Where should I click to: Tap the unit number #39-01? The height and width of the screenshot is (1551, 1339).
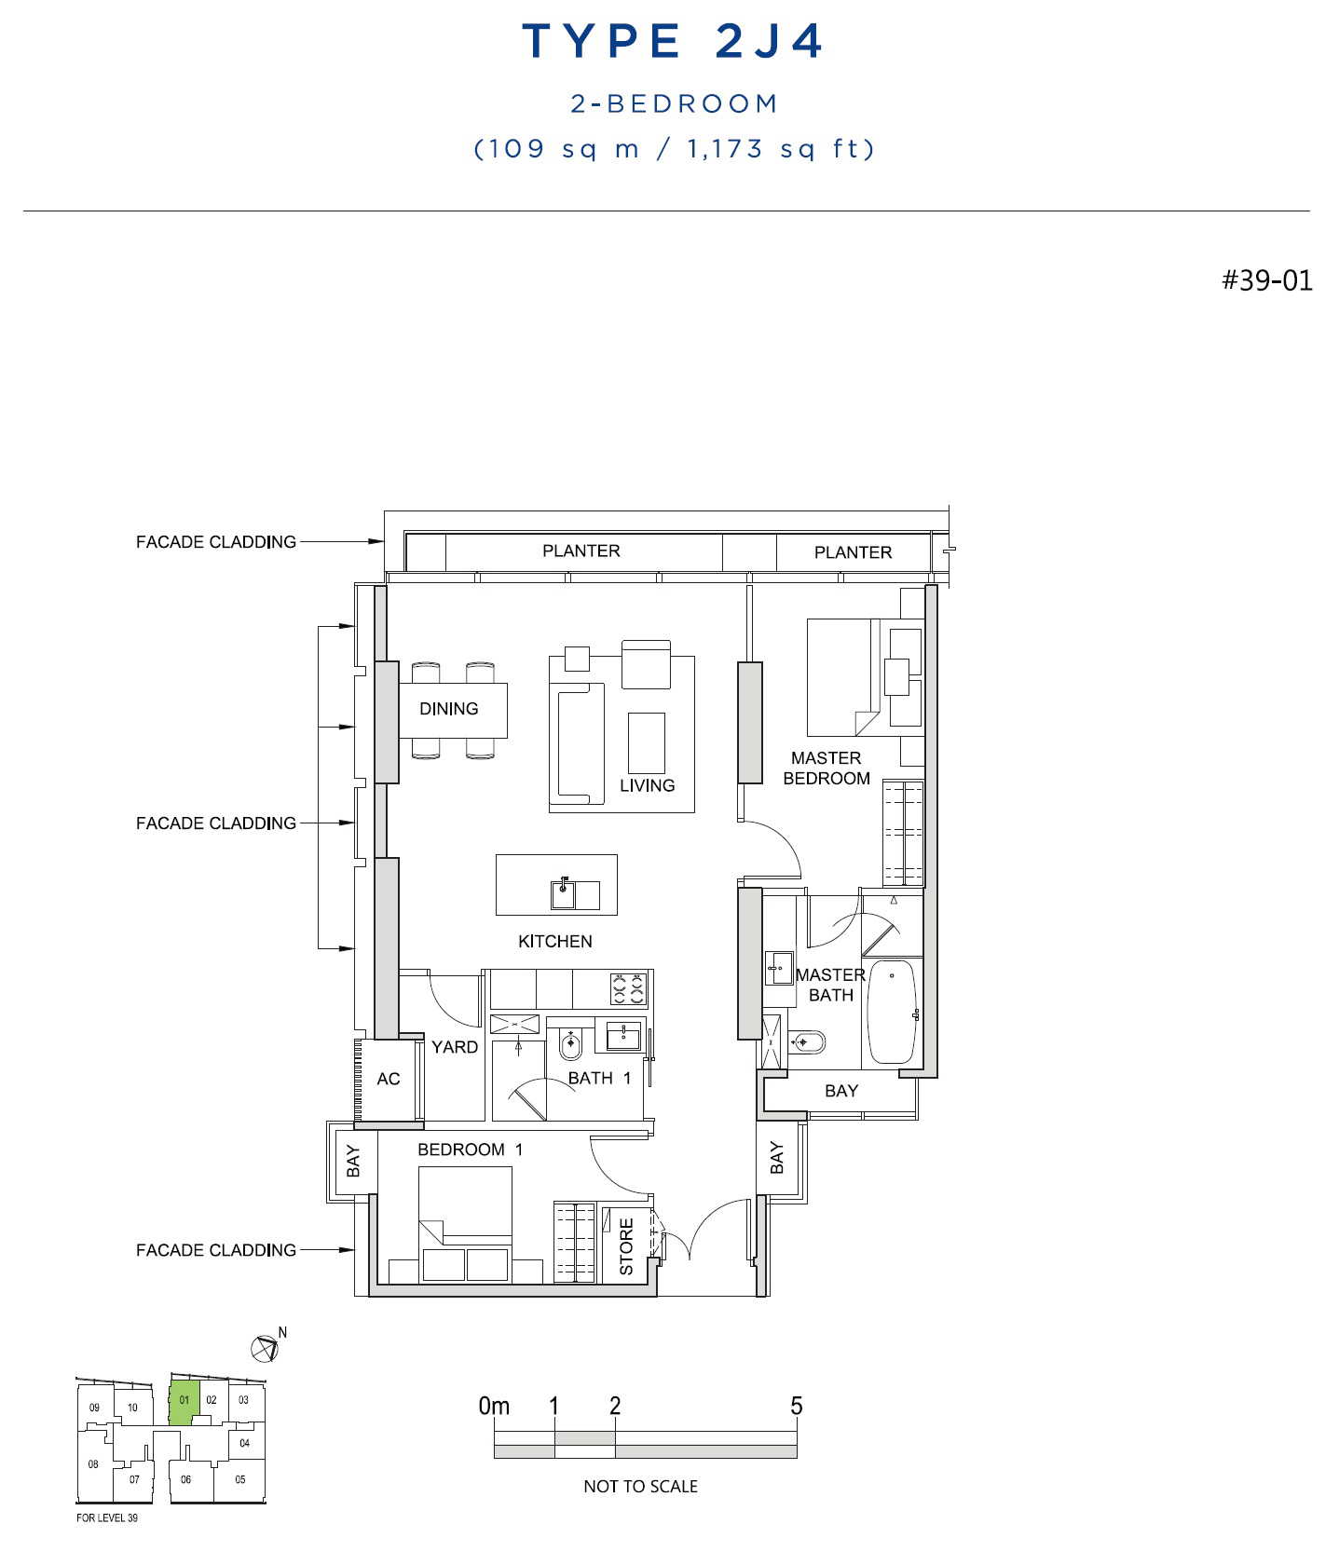(1267, 279)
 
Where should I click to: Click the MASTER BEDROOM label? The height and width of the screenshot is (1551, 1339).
(827, 769)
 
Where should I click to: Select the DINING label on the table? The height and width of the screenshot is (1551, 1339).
(449, 709)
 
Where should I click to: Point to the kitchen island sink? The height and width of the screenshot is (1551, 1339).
(563, 894)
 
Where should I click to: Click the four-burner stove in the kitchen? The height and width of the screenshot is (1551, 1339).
(628, 988)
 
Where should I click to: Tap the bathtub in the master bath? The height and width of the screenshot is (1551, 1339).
(893, 1012)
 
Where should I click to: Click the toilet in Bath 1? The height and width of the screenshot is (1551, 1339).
(570, 1044)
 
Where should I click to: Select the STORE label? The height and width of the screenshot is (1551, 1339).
(626, 1246)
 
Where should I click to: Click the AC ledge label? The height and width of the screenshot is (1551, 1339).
(389, 1079)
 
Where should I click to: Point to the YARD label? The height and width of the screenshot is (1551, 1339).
(455, 1047)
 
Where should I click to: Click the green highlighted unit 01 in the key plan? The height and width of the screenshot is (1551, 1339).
(184, 1402)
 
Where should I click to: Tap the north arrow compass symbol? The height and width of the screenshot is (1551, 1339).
(265, 1348)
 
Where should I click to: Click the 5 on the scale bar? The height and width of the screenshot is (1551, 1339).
(797, 1406)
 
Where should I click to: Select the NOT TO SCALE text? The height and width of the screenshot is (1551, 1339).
(640, 1487)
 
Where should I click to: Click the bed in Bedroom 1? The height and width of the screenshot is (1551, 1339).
(465, 1223)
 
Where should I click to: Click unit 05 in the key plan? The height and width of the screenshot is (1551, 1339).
(240, 1479)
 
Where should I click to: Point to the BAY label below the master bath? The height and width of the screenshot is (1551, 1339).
(841, 1091)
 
